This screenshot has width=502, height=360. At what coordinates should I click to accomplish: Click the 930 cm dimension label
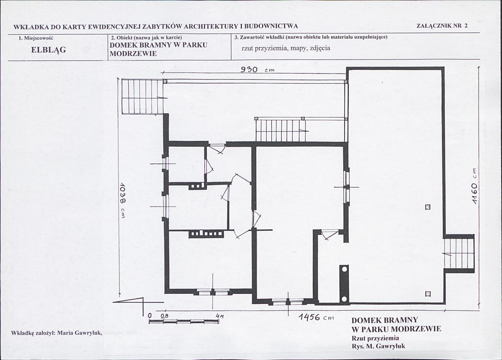click(257, 69)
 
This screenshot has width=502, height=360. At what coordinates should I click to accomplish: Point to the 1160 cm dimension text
click(474, 187)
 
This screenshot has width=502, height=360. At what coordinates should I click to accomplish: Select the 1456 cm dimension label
click(316, 317)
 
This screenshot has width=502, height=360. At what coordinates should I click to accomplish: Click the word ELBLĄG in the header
click(48, 50)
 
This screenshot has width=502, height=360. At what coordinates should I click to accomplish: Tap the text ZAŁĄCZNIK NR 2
click(442, 26)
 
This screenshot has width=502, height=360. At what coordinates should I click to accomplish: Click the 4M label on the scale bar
click(220, 316)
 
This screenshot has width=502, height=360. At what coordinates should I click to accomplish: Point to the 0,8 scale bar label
click(164, 316)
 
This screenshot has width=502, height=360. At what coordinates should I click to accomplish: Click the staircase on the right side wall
click(458, 253)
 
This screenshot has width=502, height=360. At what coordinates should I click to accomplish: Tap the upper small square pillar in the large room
click(428, 207)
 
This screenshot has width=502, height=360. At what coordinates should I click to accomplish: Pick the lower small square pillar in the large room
click(428, 294)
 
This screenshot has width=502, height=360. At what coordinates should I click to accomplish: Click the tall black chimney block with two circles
click(344, 284)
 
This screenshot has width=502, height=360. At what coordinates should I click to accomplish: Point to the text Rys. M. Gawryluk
click(378, 346)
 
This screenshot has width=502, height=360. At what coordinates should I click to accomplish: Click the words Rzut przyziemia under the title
click(375, 338)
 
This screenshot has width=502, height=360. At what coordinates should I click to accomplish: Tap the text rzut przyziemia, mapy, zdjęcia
click(286, 49)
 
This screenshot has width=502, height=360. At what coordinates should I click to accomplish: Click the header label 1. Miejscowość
click(36, 38)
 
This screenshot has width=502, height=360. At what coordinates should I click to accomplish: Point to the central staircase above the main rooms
click(281, 129)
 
